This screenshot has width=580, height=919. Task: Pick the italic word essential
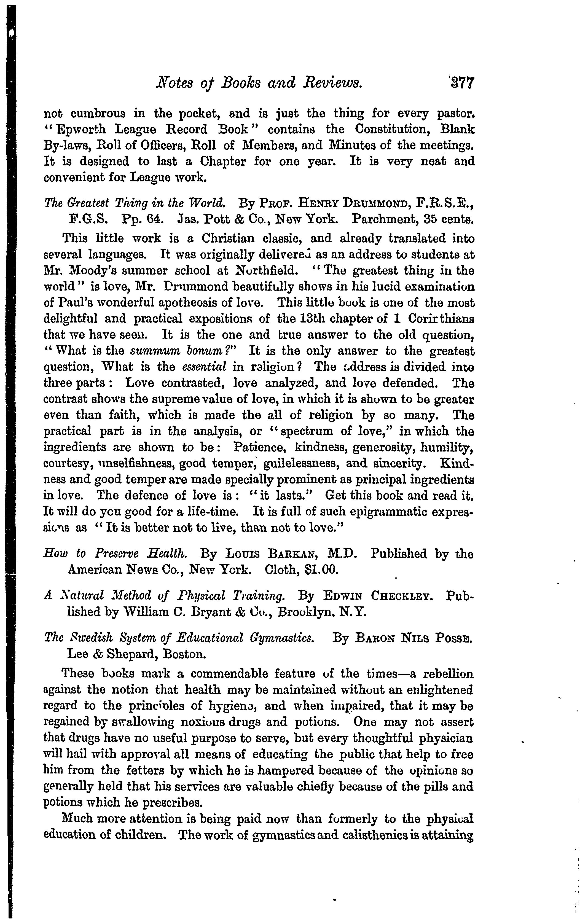coord(204,367)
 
